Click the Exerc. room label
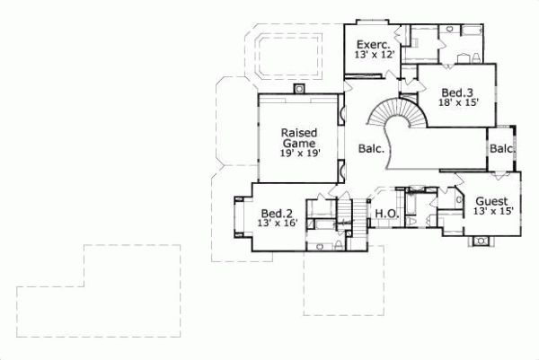372,44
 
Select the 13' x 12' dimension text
372,56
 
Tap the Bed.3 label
457,92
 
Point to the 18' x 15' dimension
457,103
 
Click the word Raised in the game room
298,131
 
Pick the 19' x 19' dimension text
298,154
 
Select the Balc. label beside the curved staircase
371,149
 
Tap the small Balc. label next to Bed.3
501,148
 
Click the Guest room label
491,200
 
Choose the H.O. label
386,214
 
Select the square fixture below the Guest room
482,240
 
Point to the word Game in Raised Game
298,142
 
